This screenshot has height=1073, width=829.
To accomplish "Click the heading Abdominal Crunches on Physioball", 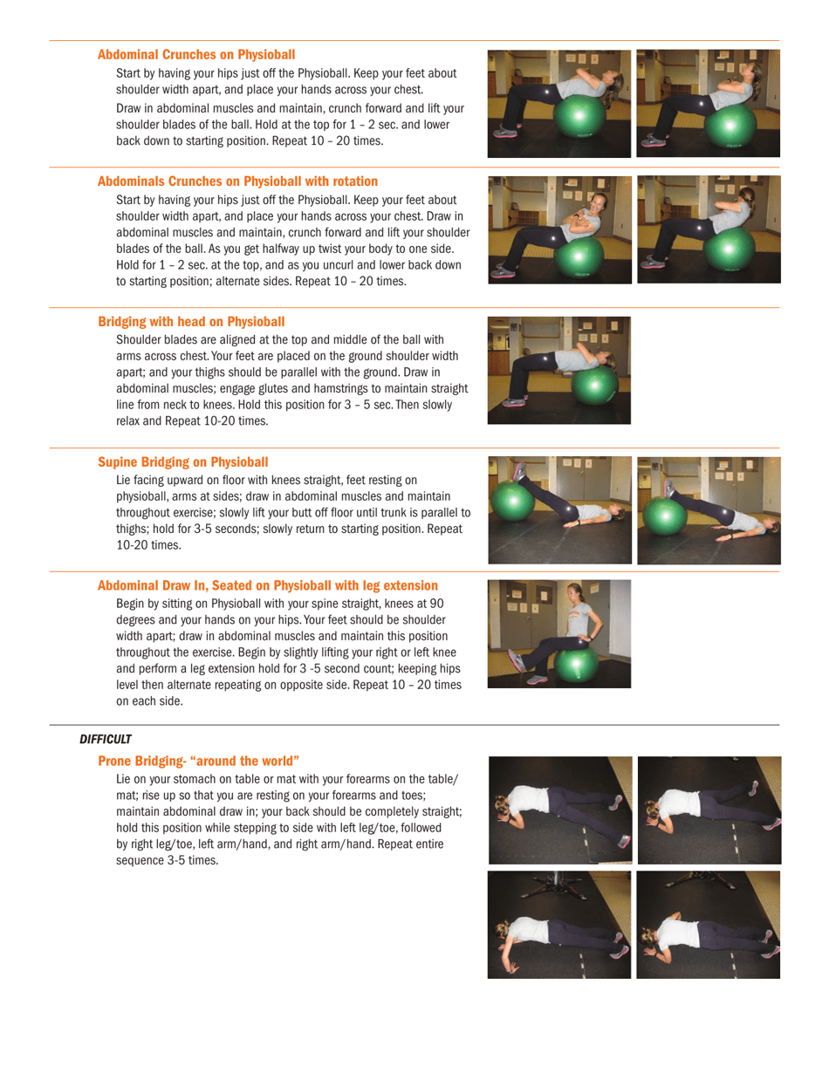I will point(196,54).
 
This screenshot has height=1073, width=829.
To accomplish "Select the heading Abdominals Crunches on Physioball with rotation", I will point(237,181).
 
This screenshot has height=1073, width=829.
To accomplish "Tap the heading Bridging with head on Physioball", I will point(191,321).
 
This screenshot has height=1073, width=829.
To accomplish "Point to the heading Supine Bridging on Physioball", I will point(183,461).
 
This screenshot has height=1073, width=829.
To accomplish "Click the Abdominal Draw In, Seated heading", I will point(268,584).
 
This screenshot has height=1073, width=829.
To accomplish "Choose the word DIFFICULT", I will point(106,739).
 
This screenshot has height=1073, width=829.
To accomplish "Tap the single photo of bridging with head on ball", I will point(559,370).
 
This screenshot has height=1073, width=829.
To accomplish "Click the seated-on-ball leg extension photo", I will point(559,633).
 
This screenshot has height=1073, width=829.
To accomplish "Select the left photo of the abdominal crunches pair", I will point(559,103).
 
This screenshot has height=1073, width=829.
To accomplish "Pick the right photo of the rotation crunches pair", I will point(709,229).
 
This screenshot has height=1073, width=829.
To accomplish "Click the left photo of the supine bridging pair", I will point(559,509).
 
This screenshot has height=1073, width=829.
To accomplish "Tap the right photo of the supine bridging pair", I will point(709,509).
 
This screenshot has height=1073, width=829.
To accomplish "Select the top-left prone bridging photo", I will point(559,810).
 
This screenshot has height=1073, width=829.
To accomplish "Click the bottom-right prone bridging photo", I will point(709,924).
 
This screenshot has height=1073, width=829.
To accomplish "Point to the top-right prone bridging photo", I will point(709,810).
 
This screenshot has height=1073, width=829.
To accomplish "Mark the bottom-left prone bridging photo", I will point(559,924).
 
